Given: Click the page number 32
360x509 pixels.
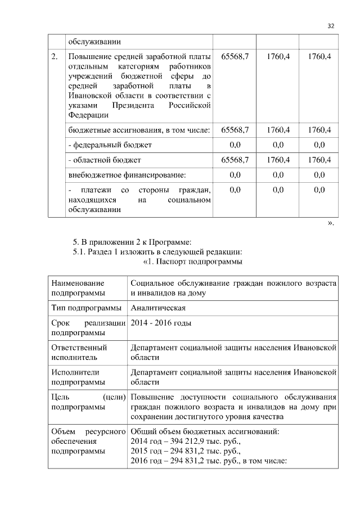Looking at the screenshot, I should click(x=331, y=26).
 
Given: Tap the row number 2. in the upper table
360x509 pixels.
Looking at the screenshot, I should click(x=55, y=57).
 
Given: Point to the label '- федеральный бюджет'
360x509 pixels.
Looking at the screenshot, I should click(x=110, y=145).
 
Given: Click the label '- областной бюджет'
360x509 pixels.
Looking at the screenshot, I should click(x=105, y=160).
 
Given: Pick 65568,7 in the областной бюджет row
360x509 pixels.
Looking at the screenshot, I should click(x=235, y=160).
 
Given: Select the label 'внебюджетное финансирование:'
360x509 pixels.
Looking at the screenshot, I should click(x=127, y=175).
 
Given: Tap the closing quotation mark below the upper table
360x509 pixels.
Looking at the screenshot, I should click(x=331, y=223).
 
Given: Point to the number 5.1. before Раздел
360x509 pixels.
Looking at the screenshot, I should click(x=79, y=251).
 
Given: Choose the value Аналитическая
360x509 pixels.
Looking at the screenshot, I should click(x=158, y=308).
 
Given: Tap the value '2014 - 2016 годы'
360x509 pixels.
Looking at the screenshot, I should click(x=161, y=323).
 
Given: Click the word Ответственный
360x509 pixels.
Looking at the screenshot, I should click(x=79, y=348).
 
